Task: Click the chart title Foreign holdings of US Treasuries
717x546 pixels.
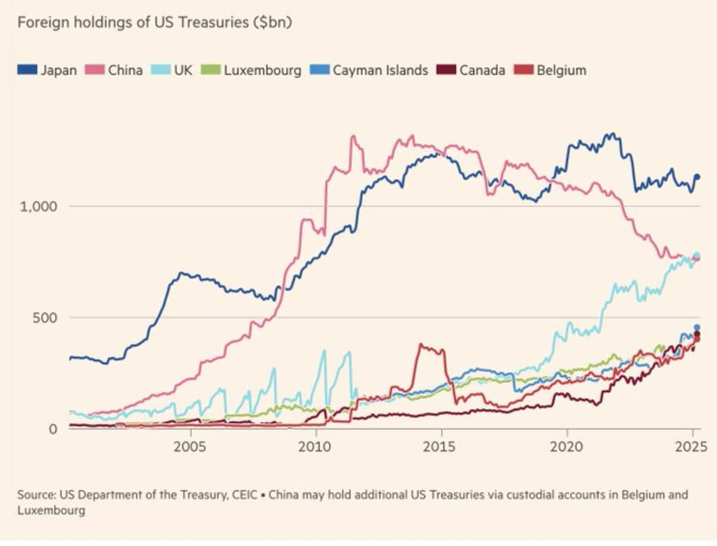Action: [154, 22]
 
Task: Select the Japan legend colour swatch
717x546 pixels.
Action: [27, 70]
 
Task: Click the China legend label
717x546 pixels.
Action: [125, 70]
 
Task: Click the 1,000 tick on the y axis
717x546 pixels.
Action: [38, 206]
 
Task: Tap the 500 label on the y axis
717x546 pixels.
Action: [44, 317]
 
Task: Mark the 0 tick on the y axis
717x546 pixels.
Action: [53, 429]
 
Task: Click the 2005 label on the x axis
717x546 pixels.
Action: [190, 447]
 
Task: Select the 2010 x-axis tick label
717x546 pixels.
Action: [314, 447]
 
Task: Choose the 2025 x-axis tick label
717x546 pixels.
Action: [691, 447]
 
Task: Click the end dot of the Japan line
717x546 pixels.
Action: [697, 177]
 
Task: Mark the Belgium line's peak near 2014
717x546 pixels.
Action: [421, 345]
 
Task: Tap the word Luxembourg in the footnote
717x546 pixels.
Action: [51, 510]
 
